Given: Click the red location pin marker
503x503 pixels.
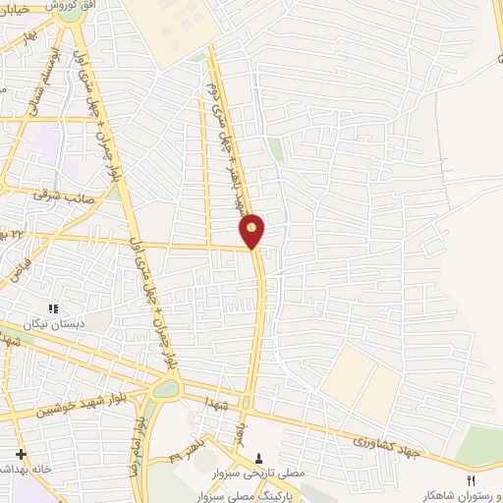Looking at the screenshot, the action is [252, 230].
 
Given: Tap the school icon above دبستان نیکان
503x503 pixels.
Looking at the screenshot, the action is [54, 309].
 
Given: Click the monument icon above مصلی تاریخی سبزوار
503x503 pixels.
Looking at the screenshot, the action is [257, 458].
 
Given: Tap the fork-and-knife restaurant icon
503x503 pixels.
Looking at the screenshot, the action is [470, 478].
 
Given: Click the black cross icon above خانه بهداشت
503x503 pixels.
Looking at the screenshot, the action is [20, 453].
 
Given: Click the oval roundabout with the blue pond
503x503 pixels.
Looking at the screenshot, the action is [166, 389].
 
